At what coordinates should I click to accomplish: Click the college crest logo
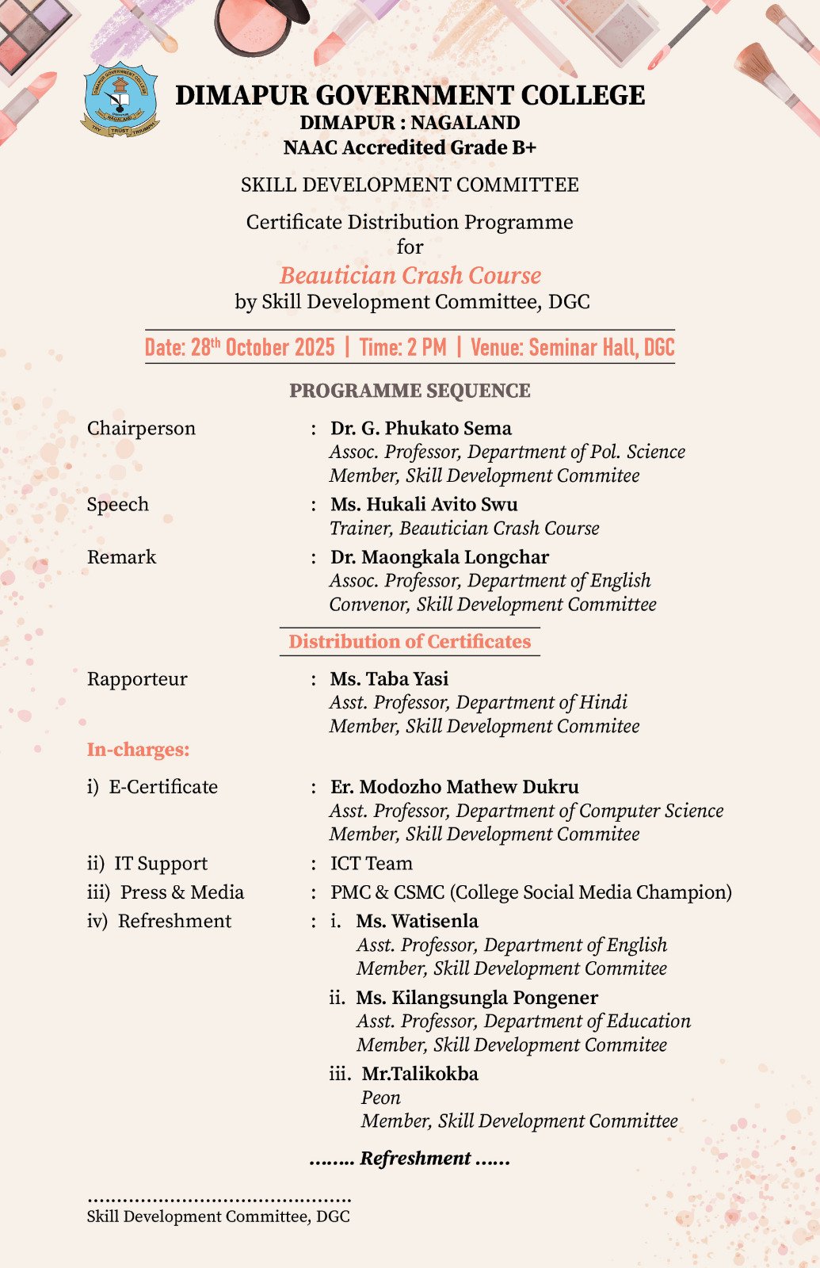pos(120,100)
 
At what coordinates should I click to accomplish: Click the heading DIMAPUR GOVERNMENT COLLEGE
pos(410,95)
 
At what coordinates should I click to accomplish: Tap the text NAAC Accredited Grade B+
pos(410,147)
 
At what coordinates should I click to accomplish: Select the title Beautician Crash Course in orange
pos(410,275)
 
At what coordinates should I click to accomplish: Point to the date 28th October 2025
pos(239,347)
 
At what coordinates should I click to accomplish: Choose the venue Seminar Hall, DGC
pos(572,347)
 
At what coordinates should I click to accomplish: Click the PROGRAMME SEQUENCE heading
pos(410,391)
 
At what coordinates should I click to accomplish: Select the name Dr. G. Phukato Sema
pos(421,428)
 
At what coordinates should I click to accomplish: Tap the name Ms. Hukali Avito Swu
pos(424,504)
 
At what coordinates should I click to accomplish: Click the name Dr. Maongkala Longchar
pos(440,557)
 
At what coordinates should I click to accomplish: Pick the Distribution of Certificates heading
pos(410,641)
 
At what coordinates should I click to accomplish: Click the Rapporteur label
pos(137,679)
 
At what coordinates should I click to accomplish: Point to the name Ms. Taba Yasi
pos(389,679)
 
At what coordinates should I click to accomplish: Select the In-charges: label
pos(138,750)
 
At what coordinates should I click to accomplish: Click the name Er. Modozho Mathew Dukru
pos(455,787)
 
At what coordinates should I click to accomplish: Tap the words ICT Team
pos(372,863)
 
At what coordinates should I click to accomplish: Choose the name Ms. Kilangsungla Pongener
pos(477,998)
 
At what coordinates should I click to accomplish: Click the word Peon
pos(381,1098)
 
